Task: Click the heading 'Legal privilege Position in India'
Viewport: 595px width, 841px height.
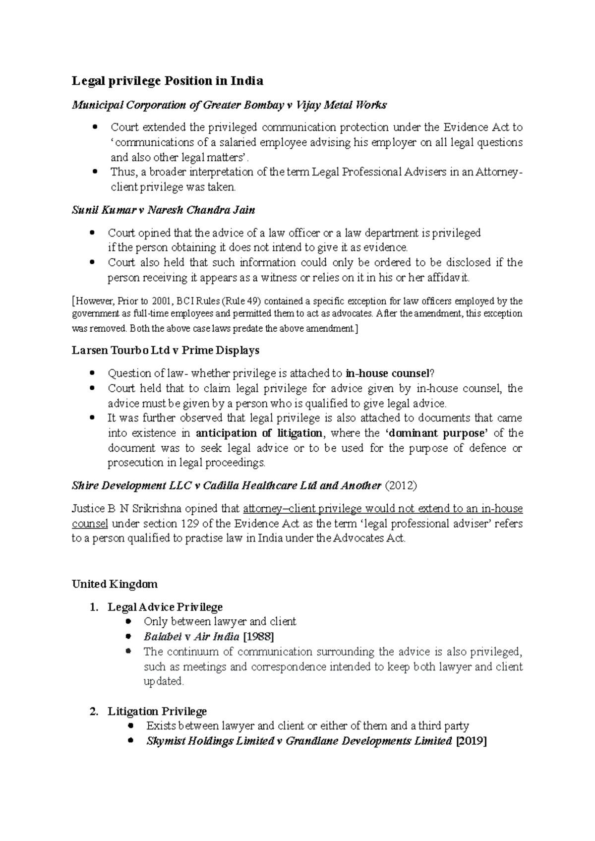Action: (167, 81)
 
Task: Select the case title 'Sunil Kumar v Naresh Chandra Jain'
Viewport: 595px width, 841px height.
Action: (163, 210)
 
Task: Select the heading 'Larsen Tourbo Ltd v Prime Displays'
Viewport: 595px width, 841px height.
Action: (166, 351)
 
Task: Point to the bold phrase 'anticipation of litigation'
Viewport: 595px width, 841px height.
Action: (259, 433)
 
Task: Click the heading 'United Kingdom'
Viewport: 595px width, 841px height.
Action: (115, 584)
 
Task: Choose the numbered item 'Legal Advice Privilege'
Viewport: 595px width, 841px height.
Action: (165, 607)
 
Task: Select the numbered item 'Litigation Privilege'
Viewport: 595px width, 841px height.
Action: (157, 712)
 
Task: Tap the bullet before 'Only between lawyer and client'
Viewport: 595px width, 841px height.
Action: (129, 621)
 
